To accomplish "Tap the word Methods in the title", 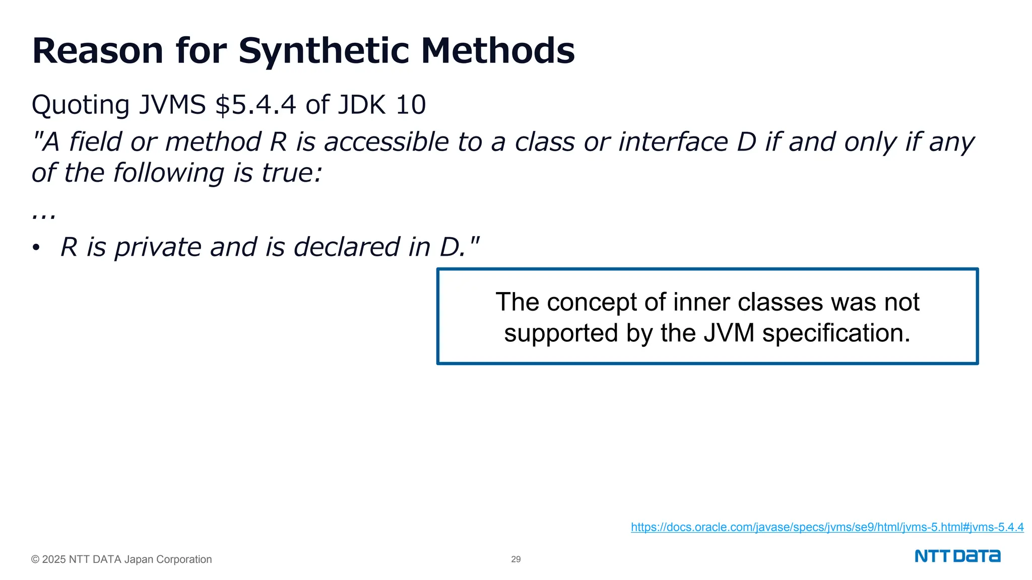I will [497, 51].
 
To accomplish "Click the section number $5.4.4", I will [255, 105].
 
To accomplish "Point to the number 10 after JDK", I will [411, 105].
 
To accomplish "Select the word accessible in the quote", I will [386, 142].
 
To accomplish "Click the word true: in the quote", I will [292, 173].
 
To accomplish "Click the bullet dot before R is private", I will [36, 248].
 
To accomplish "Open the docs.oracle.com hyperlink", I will [827, 527].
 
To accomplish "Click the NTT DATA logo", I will [957, 556].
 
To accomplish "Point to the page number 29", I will [515, 559].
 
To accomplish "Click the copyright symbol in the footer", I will [35, 559].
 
